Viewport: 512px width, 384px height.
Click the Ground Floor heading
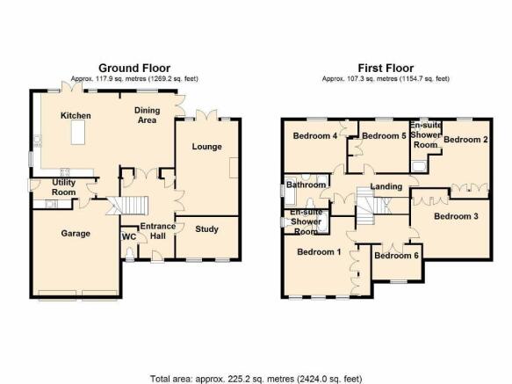point(134,68)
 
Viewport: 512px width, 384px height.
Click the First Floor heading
point(386,68)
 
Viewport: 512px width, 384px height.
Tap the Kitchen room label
point(76,116)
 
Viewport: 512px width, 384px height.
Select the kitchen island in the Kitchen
point(78,133)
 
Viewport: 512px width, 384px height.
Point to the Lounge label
point(206,147)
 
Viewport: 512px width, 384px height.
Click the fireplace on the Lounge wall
point(234,168)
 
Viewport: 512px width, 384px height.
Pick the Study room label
point(206,229)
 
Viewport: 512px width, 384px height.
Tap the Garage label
point(76,234)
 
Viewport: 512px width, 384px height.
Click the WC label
point(129,236)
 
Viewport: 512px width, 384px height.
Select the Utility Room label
point(64,187)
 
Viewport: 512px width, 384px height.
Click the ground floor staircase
point(127,206)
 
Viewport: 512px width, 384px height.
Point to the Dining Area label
point(148,115)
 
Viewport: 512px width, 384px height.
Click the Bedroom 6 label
point(396,255)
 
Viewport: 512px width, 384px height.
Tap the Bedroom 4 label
point(315,135)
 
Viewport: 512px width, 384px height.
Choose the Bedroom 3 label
point(456,216)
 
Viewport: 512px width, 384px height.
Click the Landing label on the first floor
point(386,186)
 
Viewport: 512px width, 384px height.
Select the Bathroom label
point(306,185)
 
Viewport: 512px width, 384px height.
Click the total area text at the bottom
point(256,379)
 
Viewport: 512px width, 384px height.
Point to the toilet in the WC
point(130,253)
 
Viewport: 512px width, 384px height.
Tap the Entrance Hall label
point(158,231)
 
